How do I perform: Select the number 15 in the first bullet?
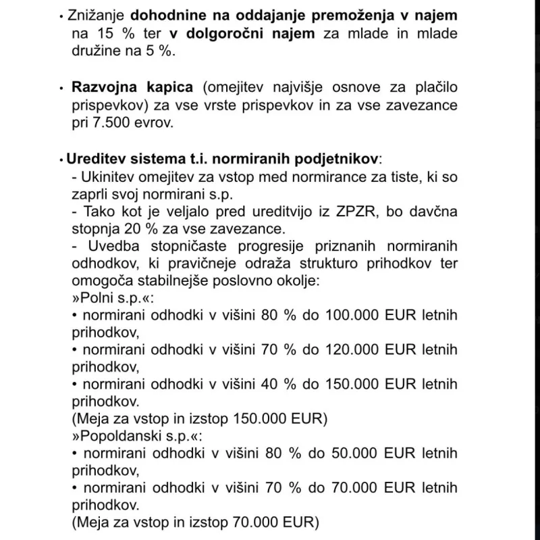120,33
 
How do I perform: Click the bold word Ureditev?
94,159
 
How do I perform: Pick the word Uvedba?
111,245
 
